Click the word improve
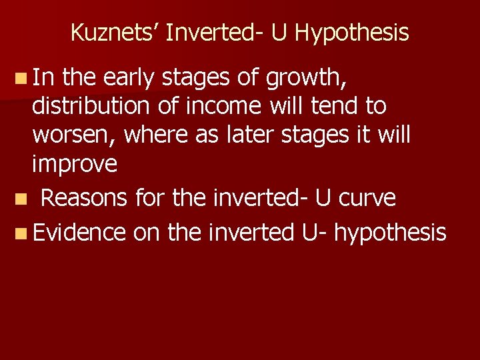75,164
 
